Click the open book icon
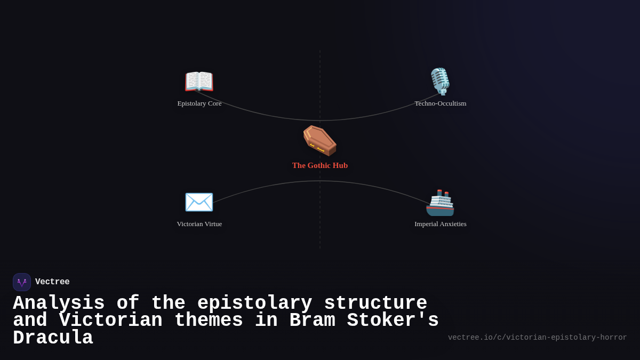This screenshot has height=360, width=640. [199, 82]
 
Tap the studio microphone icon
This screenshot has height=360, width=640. [440, 81]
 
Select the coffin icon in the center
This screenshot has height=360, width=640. [319, 140]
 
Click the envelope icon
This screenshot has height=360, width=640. [199, 202]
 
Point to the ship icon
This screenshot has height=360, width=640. [440, 203]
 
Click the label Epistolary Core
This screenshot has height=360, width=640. [199, 103]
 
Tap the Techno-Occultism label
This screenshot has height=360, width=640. [441, 103]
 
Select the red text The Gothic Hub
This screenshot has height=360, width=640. [320, 165]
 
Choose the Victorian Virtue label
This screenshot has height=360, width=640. [199, 224]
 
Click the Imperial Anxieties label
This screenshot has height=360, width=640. [441, 224]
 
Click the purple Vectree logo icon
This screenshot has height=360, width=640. [22, 282]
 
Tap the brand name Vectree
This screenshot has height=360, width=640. [52, 282]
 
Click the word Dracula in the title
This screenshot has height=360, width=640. [53, 338]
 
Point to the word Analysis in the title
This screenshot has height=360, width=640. [59, 303]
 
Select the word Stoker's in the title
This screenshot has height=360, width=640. [393, 321]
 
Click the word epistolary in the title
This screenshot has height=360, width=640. [254, 303]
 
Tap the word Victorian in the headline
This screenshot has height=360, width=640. [110, 321]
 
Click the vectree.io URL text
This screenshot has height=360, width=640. [537, 338]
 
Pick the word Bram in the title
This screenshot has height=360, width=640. [312, 321]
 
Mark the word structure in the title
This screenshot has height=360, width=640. [375, 303]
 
